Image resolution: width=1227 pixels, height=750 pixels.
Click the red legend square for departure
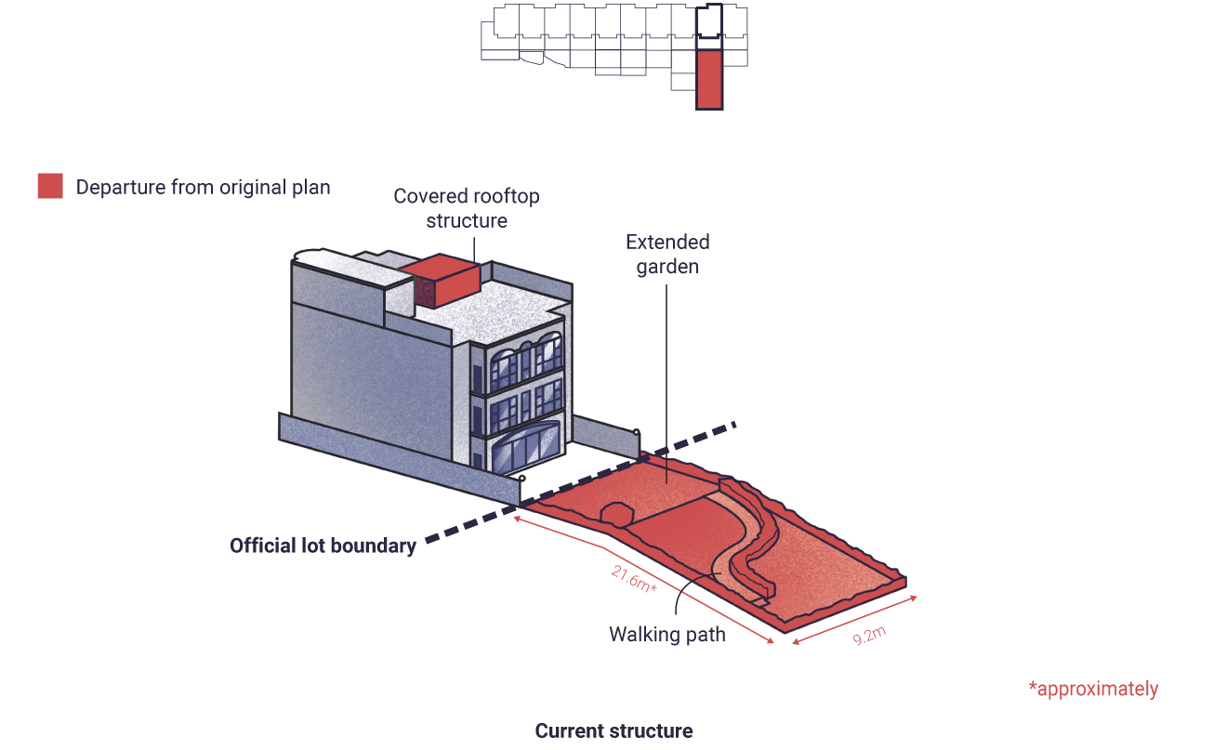coord(50,186)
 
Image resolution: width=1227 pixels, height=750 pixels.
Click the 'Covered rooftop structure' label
coord(467,208)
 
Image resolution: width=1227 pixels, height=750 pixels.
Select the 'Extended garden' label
coord(667,255)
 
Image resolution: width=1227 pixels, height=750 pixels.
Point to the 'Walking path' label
coord(667,635)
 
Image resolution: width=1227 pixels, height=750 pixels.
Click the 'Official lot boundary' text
coord(323,546)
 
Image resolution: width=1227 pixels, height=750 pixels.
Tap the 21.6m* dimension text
coord(634,579)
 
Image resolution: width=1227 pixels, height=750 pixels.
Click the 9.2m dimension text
coord(869,636)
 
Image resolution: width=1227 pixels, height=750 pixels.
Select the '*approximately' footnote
coord(1093,689)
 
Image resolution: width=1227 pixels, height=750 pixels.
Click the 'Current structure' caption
coord(613,730)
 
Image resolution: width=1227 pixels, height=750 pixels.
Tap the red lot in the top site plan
coord(709,79)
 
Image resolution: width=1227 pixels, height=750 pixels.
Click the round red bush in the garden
coord(617,515)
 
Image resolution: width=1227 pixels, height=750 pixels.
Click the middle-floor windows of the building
coord(526,407)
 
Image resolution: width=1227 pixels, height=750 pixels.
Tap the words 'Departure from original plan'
coord(204,188)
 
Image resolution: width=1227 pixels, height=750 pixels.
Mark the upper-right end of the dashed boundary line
coord(735,424)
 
